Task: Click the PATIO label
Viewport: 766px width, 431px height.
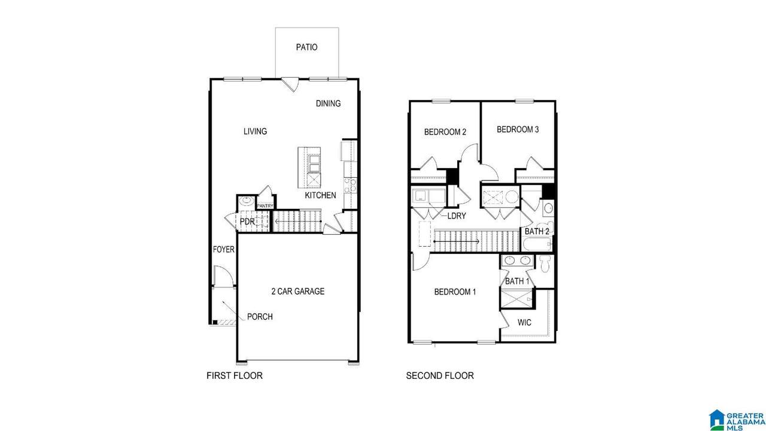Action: (x=307, y=47)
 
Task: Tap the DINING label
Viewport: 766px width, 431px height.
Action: (x=329, y=104)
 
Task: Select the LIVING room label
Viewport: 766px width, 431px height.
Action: (x=255, y=131)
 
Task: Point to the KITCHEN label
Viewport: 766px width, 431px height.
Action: (x=320, y=195)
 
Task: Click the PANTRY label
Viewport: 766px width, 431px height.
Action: (x=265, y=206)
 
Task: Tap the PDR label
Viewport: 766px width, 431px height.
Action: (x=247, y=221)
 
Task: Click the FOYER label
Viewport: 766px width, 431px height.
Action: (x=224, y=250)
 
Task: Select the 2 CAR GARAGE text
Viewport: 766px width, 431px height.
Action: (x=298, y=292)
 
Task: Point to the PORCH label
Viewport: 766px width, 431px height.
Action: (x=260, y=317)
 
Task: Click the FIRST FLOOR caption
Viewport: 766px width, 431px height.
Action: (x=235, y=375)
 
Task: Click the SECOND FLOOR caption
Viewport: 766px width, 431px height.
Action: (x=440, y=375)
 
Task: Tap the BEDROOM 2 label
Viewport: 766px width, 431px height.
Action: (x=445, y=132)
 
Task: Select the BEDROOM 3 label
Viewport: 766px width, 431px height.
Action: (x=518, y=130)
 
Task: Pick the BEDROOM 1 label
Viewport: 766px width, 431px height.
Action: (x=455, y=292)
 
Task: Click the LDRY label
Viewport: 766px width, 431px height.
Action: (x=457, y=216)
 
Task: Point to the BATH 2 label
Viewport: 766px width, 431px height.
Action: (x=537, y=232)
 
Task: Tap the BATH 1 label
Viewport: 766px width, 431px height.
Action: (x=517, y=281)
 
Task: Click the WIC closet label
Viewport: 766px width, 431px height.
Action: (x=524, y=323)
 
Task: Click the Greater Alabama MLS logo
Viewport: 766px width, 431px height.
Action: (x=737, y=420)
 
